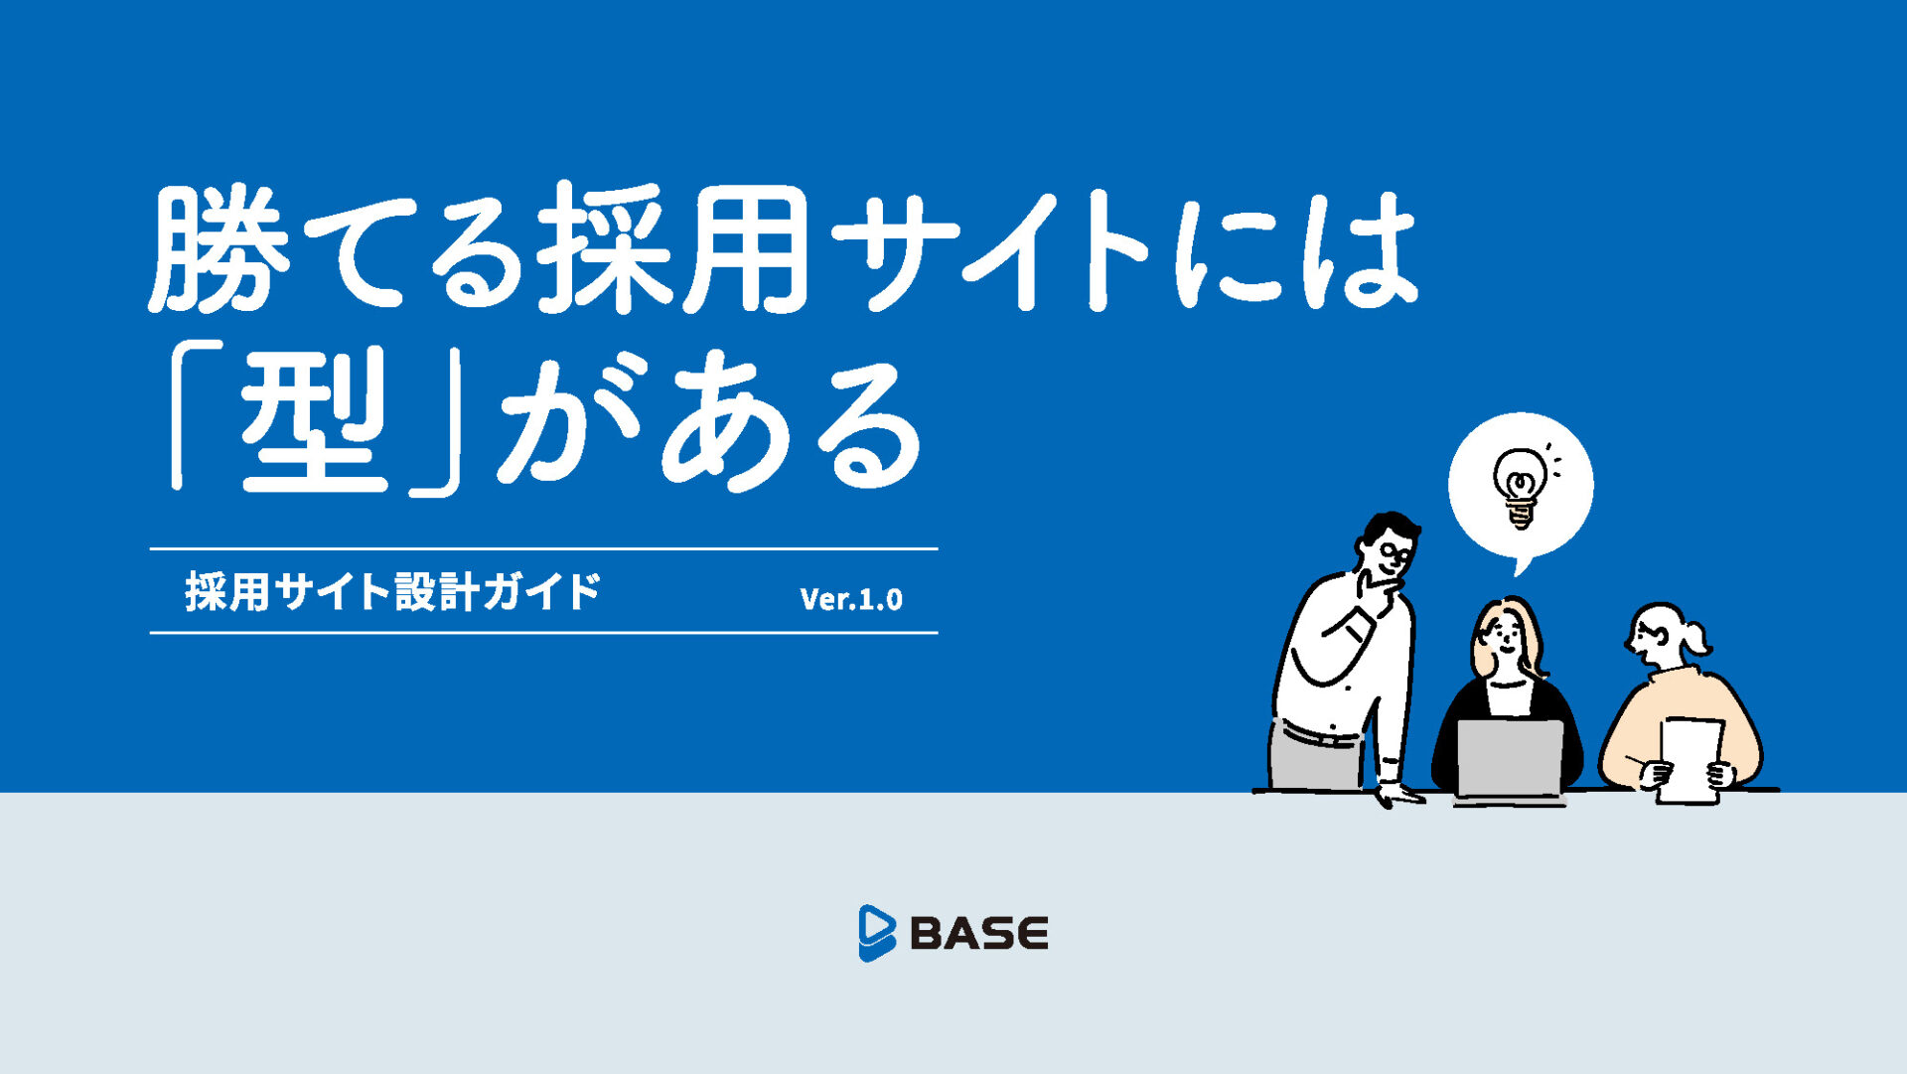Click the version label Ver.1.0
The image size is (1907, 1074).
coord(851,598)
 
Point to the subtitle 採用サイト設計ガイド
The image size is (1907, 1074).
coord(393,591)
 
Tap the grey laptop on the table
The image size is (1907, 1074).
coord(1510,760)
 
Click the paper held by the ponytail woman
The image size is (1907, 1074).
coord(1690,760)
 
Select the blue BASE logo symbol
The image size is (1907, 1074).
coord(876,933)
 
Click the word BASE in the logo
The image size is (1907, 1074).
coord(979,934)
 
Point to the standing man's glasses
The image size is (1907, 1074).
coord(1396,552)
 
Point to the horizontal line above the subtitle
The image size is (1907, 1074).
coord(543,548)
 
